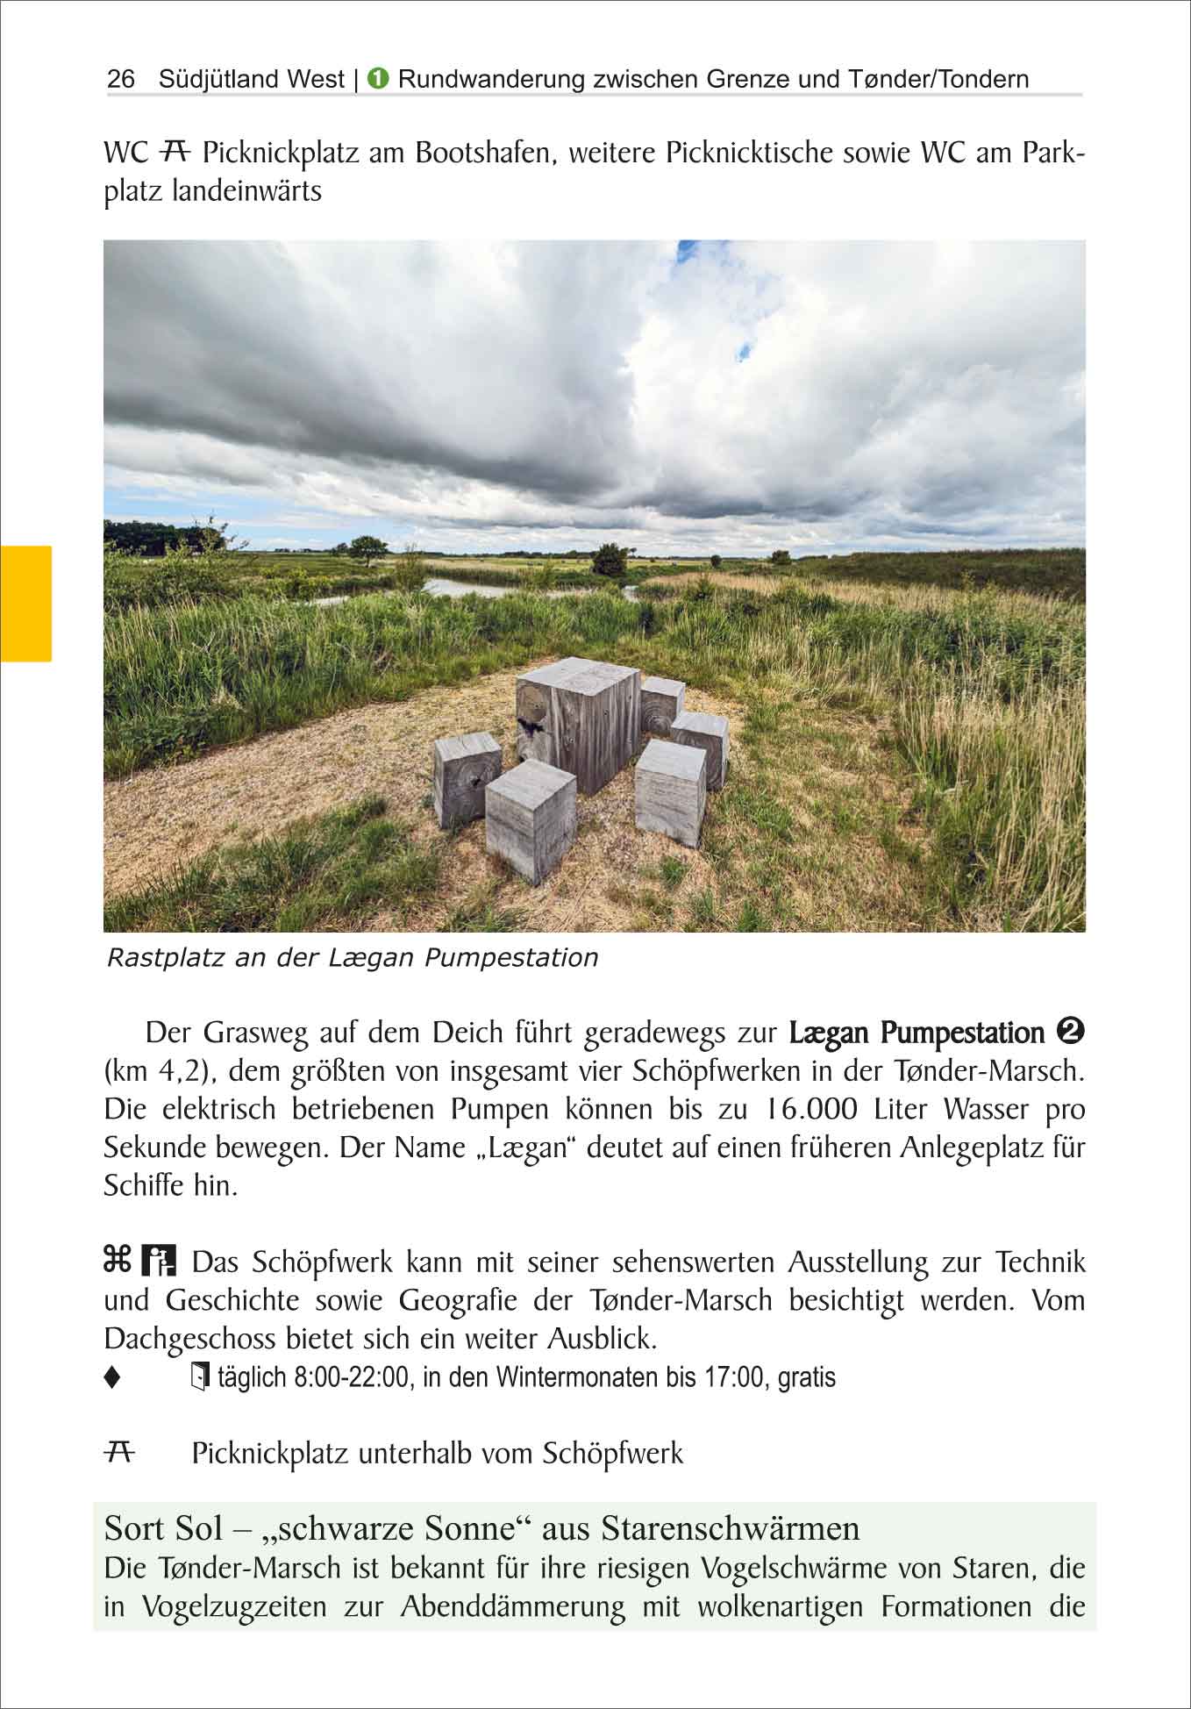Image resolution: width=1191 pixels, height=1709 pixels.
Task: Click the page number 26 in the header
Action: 121,79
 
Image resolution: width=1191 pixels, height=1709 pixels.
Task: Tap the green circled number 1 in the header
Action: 378,78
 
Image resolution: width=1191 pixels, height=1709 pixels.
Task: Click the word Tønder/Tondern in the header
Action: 938,79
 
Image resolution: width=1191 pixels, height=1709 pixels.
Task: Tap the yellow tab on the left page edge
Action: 25,603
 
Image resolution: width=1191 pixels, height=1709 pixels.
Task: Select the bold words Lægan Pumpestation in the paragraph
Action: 916,1033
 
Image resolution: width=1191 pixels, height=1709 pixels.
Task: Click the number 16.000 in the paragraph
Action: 808,1109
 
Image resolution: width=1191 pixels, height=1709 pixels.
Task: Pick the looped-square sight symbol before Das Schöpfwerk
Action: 118,1261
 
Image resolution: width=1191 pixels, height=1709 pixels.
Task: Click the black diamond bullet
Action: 111,1378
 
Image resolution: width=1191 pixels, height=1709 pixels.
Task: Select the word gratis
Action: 807,1377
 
